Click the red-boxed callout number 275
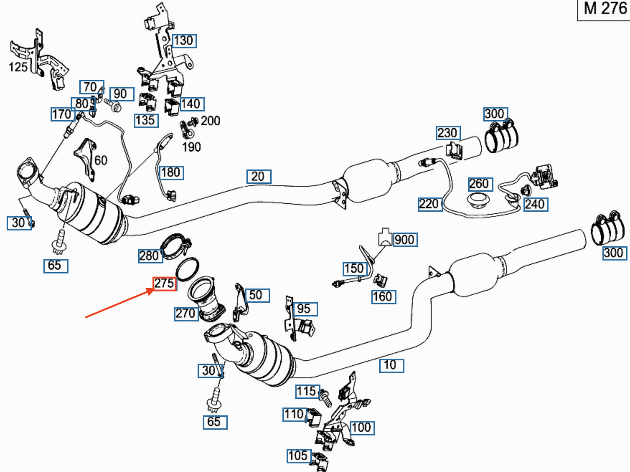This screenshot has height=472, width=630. [164, 284]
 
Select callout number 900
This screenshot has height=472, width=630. [405, 239]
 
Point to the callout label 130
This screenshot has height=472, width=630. [184, 41]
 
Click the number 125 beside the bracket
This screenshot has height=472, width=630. [18, 67]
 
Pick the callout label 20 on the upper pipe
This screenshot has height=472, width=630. [259, 176]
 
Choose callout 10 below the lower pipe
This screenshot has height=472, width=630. [392, 366]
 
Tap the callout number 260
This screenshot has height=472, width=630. [480, 184]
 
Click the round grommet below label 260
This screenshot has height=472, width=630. [478, 201]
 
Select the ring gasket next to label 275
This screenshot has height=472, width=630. [187, 269]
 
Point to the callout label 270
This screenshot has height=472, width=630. [186, 314]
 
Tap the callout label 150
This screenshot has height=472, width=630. [355, 269]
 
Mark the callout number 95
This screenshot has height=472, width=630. [305, 309]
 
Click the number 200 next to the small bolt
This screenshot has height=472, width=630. [211, 121]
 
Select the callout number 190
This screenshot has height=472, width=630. [191, 147]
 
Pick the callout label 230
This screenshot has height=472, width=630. [448, 133]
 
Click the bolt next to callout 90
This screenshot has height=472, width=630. [113, 105]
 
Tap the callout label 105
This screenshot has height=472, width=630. [299, 456]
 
